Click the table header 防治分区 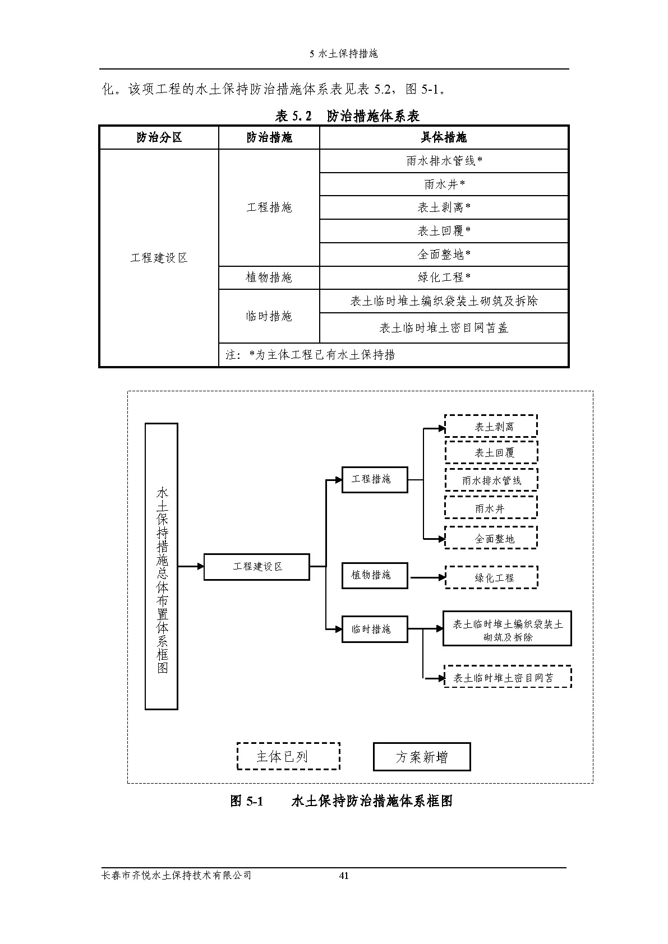click(x=159, y=137)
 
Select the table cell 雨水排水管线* click(x=444, y=161)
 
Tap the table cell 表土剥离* click(x=444, y=207)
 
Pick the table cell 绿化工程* click(x=444, y=277)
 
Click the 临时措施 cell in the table click(x=269, y=316)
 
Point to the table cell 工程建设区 click(x=159, y=258)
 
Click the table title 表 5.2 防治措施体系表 click(x=347, y=116)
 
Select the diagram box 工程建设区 click(x=256, y=567)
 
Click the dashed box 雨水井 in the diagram click(x=491, y=509)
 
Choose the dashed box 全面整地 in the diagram click(x=491, y=539)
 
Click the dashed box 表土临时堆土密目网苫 click(x=507, y=678)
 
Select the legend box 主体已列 click(x=288, y=757)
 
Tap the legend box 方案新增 click(x=422, y=757)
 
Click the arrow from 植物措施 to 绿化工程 click(x=427, y=577)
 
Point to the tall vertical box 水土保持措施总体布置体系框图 click(x=162, y=566)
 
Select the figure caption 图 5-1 click(x=247, y=801)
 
